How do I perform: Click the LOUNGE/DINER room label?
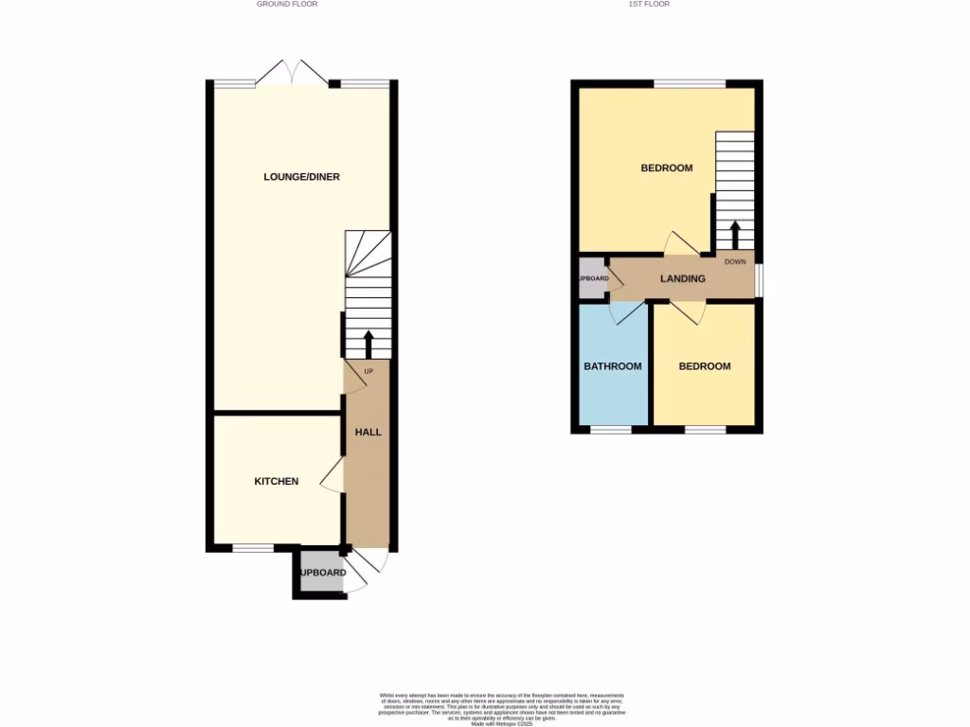pyautogui.click(x=301, y=177)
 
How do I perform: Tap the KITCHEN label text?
pyautogui.click(x=277, y=481)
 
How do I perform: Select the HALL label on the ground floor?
pyautogui.click(x=368, y=432)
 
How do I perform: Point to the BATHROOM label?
pyautogui.click(x=612, y=366)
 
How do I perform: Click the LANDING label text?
pyautogui.click(x=683, y=279)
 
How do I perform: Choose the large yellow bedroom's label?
pyautogui.click(x=666, y=168)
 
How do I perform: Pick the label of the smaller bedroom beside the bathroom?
pyautogui.click(x=705, y=366)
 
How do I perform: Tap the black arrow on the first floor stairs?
pyautogui.click(x=734, y=233)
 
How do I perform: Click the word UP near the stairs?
pyautogui.click(x=368, y=371)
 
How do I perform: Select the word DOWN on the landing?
pyautogui.click(x=735, y=261)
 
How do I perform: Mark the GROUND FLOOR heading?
pyautogui.click(x=287, y=4)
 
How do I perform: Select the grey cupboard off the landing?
pyautogui.click(x=592, y=278)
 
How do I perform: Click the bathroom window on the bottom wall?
pyautogui.click(x=611, y=430)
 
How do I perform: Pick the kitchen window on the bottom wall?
pyautogui.click(x=253, y=548)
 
